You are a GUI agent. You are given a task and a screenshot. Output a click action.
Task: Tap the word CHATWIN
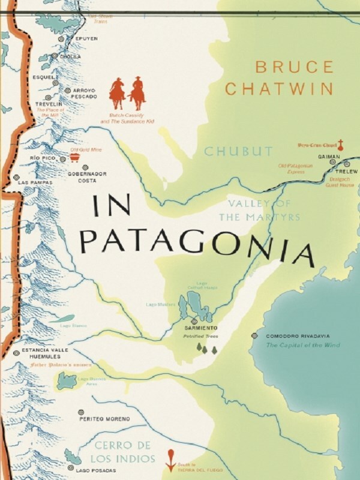[279, 89]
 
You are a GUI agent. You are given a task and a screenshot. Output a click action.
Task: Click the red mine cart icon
[76, 157]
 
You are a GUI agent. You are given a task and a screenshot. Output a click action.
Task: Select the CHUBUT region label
[238, 151]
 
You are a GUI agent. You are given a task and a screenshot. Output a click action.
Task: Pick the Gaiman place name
[329, 155]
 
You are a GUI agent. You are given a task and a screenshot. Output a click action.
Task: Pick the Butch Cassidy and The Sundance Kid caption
[127, 118]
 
